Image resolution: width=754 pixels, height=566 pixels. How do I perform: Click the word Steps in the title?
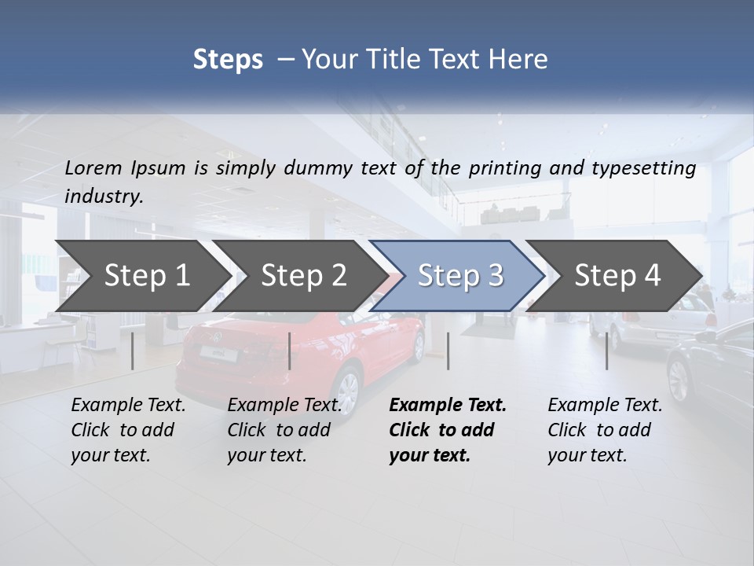228,60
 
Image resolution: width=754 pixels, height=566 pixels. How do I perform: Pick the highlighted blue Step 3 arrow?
460,276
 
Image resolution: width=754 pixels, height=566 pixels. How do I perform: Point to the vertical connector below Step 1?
133,351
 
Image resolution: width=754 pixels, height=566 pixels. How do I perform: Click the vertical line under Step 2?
290,351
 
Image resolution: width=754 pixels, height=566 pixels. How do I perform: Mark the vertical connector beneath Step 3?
448,351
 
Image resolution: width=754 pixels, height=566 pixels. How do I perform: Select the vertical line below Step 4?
607,351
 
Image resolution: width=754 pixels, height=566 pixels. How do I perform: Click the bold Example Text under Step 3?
448,430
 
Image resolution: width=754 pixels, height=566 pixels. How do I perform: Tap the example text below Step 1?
128,430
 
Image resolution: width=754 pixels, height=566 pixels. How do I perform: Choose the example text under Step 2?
284,430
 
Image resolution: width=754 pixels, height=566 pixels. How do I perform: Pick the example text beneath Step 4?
605,430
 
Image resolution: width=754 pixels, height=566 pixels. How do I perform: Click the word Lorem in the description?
93,167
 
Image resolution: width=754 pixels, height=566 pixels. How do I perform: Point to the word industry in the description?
104,197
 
